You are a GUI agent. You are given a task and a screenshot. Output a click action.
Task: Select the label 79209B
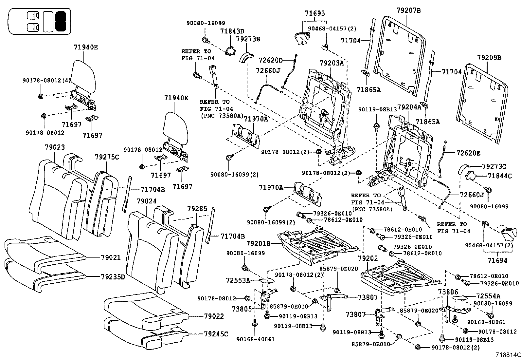(x=489, y=57)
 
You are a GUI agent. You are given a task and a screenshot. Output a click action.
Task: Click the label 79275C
(x=107, y=157)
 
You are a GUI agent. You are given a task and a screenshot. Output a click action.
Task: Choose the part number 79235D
(x=113, y=277)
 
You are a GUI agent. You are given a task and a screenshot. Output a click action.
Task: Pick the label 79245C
(x=216, y=334)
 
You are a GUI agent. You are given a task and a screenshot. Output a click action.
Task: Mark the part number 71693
(x=315, y=13)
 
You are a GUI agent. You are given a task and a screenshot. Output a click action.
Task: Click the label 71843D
(x=232, y=31)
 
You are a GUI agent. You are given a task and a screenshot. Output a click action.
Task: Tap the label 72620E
(x=469, y=153)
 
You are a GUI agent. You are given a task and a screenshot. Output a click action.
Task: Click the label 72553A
(x=238, y=280)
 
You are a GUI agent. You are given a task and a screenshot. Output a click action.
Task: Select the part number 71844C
(x=499, y=176)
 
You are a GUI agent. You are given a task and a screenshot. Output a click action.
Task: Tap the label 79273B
(x=248, y=39)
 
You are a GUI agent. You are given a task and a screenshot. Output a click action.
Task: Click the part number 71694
(x=497, y=261)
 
